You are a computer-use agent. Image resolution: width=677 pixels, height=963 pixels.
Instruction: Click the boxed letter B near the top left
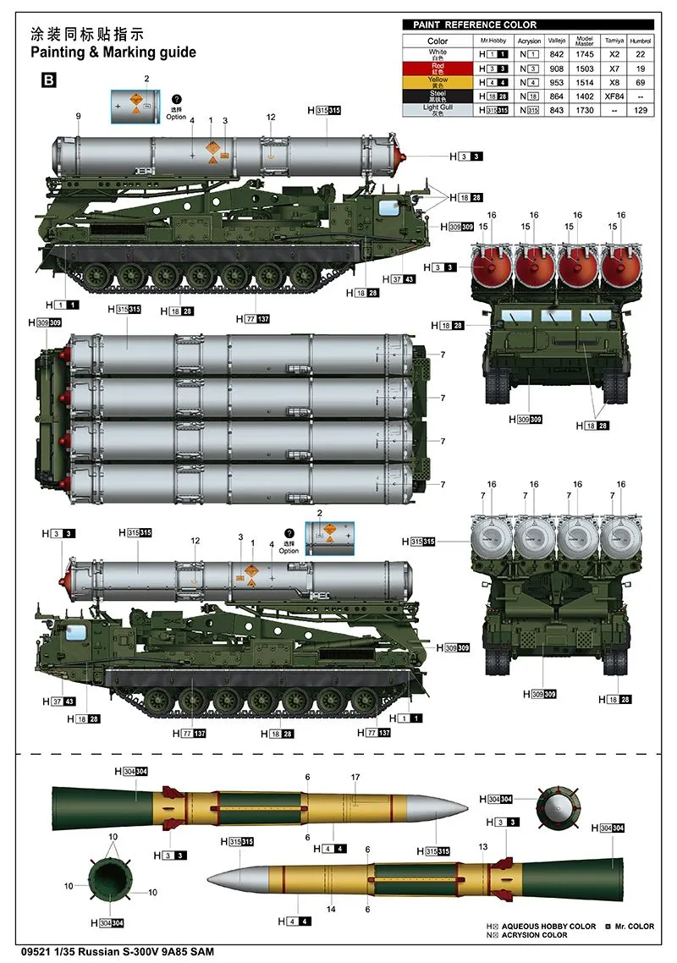[49, 80]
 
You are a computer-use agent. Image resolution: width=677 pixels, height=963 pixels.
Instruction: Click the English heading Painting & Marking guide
[113, 52]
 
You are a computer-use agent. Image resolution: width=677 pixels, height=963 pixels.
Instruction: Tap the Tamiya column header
[612, 40]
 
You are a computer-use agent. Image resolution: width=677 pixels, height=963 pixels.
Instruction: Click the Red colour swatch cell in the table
[438, 68]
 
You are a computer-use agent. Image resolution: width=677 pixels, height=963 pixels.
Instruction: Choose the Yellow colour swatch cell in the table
[438, 81]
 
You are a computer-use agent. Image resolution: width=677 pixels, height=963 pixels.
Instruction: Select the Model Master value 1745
[585, 53]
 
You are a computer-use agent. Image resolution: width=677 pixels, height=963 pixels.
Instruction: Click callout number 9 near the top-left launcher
[78, 116]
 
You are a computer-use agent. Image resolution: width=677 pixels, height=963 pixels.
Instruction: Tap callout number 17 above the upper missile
[355, 777]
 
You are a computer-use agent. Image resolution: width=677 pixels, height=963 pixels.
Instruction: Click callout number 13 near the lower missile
[483, 846]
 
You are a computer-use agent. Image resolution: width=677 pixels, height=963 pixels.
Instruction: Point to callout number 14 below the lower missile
[332, 909]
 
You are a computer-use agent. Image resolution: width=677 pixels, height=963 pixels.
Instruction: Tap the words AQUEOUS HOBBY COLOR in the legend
[549, 927]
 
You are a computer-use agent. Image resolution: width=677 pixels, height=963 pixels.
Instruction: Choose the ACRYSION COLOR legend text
[535, 936]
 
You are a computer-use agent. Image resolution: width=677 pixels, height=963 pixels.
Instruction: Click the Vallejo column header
[556, 40]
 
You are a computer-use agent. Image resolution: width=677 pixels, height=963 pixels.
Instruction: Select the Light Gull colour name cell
[438, 110]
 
